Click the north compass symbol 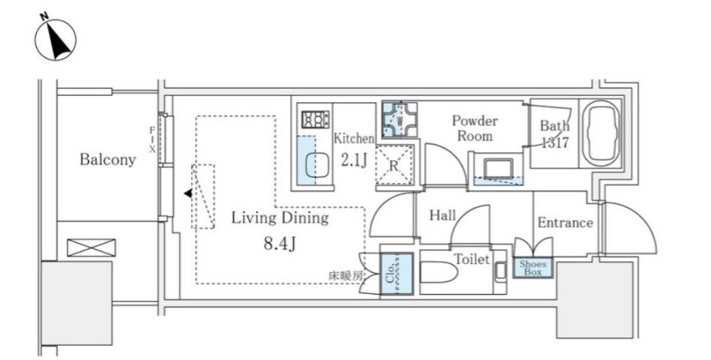(x=55, y=38)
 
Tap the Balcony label (x=107, y=159)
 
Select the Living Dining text (x=280, y=218)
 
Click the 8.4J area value (x=280, y=244)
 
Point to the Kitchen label (x=354, y=138)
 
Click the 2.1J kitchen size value (x=354, y=160)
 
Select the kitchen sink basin (x=316, y=165)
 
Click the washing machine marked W (x=399, y=120)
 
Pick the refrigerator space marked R (x=394, y=164)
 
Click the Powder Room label (x=475, y=128)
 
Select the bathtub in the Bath (x=601, y=133)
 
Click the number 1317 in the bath (x=554, y=142)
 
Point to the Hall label (x=442, y=215)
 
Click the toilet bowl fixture (x=439, y=272)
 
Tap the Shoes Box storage (x=532, y=268)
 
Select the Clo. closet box (x=397, y=274)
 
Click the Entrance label (x=565, y=222)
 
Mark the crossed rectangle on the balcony (x=91, y=247)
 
